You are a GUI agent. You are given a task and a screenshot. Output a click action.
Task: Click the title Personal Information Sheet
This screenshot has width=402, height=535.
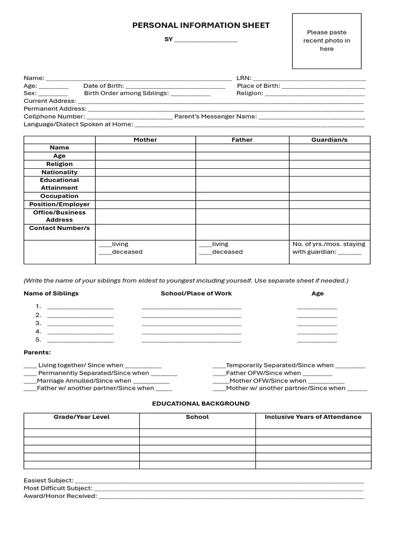coord(201,25)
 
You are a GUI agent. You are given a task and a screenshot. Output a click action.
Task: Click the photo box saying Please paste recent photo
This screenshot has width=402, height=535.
coord(327,41)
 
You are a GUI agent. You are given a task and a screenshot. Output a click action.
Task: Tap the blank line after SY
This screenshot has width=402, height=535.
coord(206,40)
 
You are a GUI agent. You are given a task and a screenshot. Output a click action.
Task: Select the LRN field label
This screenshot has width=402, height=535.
coord(244,78)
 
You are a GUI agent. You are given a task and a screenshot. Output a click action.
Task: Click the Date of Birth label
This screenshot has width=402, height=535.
coord(104,86)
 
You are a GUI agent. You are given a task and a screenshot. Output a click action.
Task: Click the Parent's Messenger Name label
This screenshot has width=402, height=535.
coord(216,117)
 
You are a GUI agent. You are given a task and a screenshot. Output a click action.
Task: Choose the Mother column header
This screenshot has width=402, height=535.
coord(145,140)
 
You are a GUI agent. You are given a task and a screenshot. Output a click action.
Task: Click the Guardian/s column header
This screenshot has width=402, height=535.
coord(329,140)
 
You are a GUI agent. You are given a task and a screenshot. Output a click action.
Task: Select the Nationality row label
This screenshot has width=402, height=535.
coord(60,172)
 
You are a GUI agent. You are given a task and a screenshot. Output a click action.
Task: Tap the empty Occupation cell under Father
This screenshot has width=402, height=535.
coord(242,196)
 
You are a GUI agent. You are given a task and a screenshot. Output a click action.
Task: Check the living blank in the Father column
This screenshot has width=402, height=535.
coord(205,244)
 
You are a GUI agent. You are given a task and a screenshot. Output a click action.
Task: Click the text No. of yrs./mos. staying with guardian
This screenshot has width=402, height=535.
coord(328,248)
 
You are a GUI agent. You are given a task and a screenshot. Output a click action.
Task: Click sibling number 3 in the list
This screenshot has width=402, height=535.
coord(38,323)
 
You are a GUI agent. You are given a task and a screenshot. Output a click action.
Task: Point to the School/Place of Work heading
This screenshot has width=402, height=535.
coord(196,294)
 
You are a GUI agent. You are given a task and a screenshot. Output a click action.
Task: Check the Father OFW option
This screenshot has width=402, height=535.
coord(219,373)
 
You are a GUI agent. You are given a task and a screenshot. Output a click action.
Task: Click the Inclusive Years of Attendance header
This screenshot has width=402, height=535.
coord(313,417)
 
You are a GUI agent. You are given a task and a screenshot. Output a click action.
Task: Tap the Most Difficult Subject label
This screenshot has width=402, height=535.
coord(58,488)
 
